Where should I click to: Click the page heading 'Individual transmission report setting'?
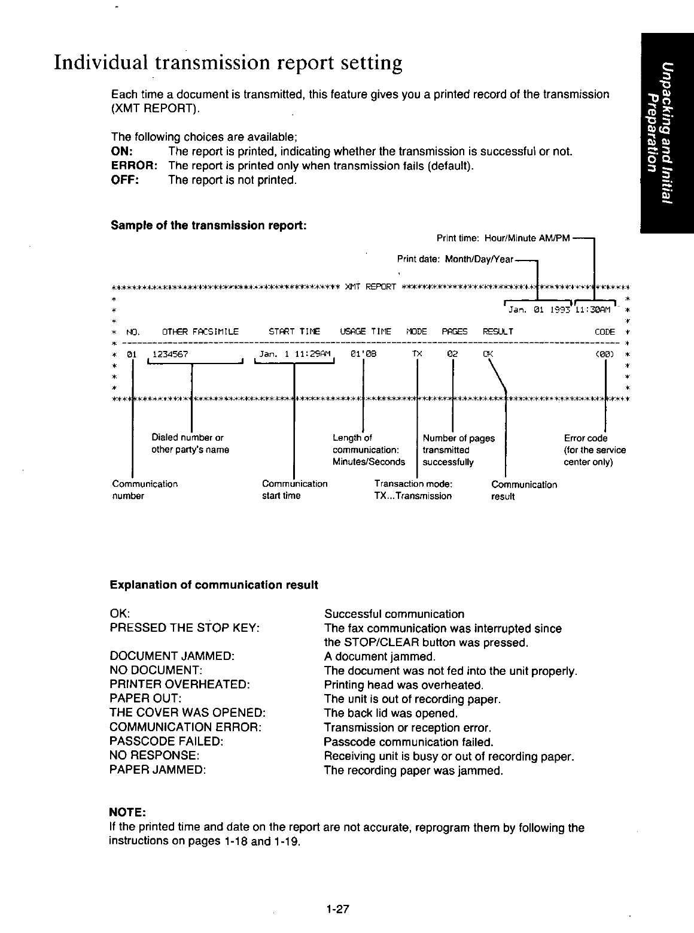click(227, 63)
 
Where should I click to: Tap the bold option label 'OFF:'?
click(125, 180)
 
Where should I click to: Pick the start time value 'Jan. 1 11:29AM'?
click(294, 353)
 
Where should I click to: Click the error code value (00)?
click(605, 354)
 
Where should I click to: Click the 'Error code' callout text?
click(586, 438)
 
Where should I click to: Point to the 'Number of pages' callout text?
click(459, 438)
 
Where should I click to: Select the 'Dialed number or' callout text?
click(187, 438)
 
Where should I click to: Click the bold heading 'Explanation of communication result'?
click(214, 584)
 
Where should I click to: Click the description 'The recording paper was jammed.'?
click(413, 771)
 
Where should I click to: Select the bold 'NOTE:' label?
click(127, 813)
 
